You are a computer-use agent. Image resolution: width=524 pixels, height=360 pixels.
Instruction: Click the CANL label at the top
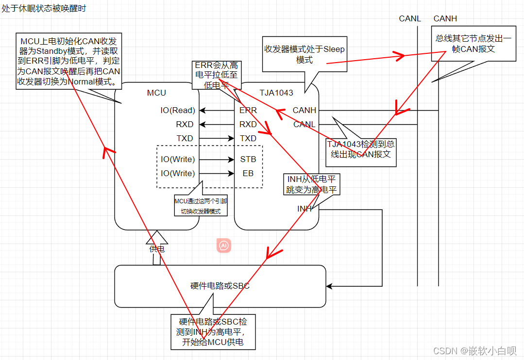coord(410,19)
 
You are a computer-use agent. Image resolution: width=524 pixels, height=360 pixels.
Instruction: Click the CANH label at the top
coord(445,19)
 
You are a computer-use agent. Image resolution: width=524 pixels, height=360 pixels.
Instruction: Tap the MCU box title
coord(156,93)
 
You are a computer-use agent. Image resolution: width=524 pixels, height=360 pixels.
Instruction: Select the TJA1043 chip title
coord(276,93)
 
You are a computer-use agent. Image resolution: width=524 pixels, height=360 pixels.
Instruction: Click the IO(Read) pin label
coord(178,111)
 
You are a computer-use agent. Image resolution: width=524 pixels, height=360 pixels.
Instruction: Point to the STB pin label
coord(248,159)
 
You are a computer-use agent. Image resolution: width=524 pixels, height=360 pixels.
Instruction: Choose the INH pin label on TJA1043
coord(304,209)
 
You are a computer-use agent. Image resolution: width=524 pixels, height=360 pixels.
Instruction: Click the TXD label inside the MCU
coord(185,139)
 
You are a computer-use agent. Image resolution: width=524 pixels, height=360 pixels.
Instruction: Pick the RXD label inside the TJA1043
coord(248,125)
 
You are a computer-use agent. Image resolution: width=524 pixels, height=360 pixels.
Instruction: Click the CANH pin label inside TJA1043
coord(304,111)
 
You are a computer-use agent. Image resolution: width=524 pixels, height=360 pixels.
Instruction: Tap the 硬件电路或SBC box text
coord(220,286)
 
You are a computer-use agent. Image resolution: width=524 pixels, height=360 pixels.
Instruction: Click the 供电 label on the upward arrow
coord(156,249)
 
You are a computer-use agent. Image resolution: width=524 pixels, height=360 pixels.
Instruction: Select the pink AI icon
coord(224,246)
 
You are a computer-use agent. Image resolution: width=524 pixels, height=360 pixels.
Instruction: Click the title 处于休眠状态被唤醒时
coord(44,9)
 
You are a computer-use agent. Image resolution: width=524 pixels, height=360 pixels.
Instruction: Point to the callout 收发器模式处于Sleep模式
coord(304,54)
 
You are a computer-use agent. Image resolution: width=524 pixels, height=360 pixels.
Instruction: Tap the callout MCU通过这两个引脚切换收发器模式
coord(201,206)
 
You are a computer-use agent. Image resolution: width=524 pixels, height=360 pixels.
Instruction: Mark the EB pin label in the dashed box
coord(248,173)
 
